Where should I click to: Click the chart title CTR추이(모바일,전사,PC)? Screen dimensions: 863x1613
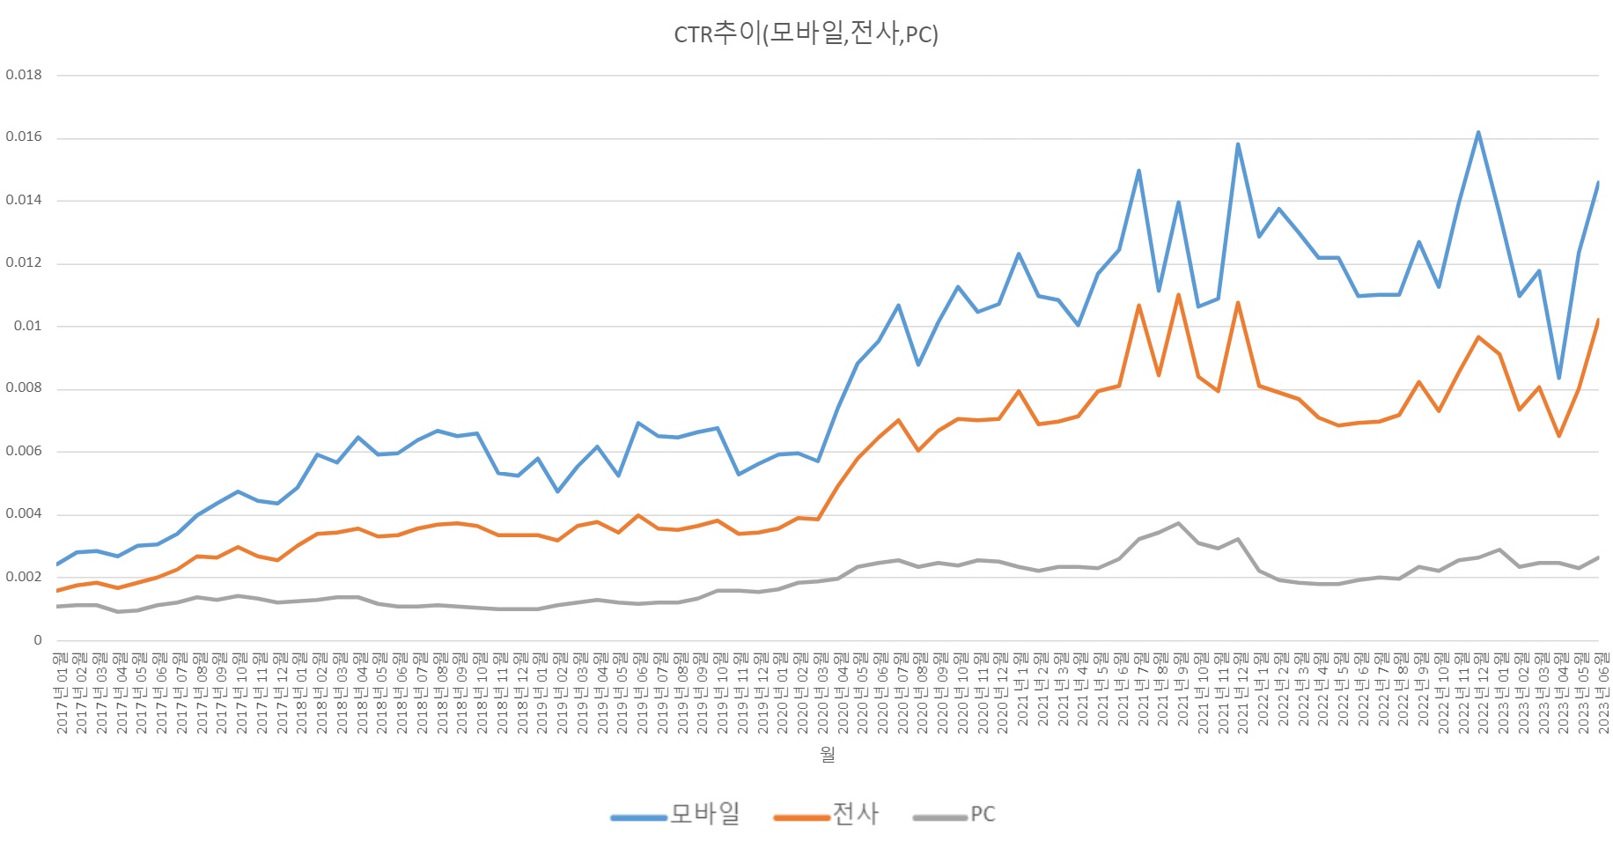pyautogui.click(x=806, y=33)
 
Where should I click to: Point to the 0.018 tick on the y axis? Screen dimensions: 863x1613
pyautogui.click(x=24, y=75)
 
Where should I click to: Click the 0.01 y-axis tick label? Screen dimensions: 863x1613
pyautogui.click(x=27, y=326)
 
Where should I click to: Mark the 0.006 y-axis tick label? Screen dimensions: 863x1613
pyautogui.click(x=24, y=451)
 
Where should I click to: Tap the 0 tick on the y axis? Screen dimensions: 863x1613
pyautogui.click(x=38, y=640)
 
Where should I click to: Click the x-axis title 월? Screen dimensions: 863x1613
pyautogui.click(x=827, y=755)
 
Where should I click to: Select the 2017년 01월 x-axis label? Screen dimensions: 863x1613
pyautogui.click(x=61, y=693)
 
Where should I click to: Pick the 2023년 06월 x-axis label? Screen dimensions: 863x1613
pyautogui.click(x=1602, y=693)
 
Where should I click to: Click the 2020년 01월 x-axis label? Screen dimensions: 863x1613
pyautogui.click(x=782, y=693)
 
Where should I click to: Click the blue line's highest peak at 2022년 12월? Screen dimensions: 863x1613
pyautogui.click(x=1478, y=133)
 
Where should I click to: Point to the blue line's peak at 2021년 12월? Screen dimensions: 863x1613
pyautogui.click(x=1238, y=144)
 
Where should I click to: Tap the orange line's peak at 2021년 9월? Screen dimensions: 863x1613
pyautogui.click(x=1178, y=295)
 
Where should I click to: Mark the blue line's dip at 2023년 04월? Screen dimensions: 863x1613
pyautogui.click(x=1559, y=378)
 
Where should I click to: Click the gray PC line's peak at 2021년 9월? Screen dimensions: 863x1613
pyautogui.click(x=1178, y=523)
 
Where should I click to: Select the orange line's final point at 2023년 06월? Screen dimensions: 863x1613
pyautogui.click(x=1598, y=321)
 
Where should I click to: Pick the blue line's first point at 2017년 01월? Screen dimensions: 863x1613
pyautogui.click(x=58, y=564)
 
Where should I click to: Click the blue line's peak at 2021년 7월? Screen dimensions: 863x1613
pyautogui.click(x=1138, y=171)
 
